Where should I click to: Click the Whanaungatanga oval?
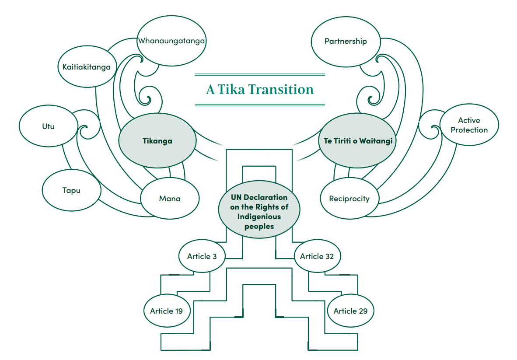(x=171, y=41)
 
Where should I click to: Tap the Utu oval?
(x=48, y=126)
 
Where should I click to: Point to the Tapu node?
(x=71, y=190)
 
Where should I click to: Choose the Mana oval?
(x=170, y=198)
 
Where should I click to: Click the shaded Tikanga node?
(x=157, y=141)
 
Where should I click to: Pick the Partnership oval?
(x=346, y=41)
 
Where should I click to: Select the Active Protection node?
(x=469, y=125)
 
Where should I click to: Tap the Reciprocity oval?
(x=349, y=198)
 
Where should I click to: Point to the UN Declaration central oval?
(x=259, y=210)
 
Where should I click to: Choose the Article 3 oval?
(x=202, y=256)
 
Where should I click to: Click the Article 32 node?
(x=317, y=256)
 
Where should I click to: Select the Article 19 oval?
(x=166, y=311)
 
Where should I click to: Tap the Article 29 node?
(x=350, y=311)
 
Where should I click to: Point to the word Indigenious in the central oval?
(x=259, y=217)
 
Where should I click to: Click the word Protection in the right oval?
(x=469, y=130)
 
